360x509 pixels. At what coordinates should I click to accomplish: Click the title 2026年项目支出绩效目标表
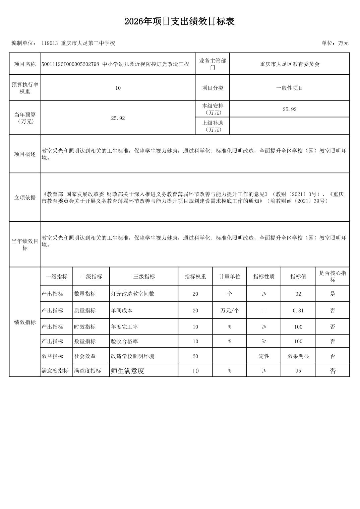(179, 22)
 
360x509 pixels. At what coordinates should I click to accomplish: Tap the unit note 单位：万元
(335, 43)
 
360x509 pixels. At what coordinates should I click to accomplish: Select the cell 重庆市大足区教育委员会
(290, 64)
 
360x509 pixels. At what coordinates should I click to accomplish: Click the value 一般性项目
(290, 88)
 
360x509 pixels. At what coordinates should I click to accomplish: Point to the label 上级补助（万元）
(213, 126)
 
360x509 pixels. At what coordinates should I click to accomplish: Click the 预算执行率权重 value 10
(118, 88)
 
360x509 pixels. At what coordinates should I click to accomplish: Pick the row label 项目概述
(25, 154)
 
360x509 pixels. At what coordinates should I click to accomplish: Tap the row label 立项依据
(25, 198)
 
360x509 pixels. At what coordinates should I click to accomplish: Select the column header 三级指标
(144, 277)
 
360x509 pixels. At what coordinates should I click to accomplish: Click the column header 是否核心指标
(332, 277)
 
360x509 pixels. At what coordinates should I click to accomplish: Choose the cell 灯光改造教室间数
(132, 294)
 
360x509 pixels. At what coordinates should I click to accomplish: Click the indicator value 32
(298, 294)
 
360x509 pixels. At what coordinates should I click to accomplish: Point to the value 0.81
(298, 310)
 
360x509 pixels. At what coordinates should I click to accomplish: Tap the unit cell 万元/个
(230, 310)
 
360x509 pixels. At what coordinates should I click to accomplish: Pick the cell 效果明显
(298, 356)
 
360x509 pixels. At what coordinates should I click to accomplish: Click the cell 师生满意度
(127, 371)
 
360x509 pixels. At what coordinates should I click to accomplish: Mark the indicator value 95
(298, 371)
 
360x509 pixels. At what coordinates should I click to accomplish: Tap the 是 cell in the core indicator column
(332, 294)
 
